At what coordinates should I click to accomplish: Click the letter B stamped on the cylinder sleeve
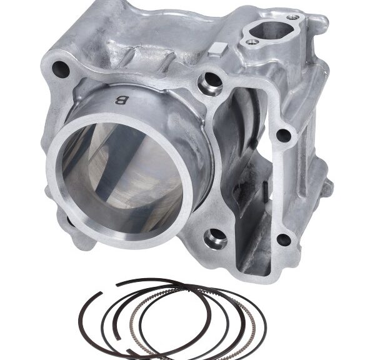122,100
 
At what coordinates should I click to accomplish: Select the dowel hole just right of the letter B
211,82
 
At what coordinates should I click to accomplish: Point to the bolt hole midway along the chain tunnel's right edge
284,135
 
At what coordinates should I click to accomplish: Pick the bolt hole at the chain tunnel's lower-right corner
284,239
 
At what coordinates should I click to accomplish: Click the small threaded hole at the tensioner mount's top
293,17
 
